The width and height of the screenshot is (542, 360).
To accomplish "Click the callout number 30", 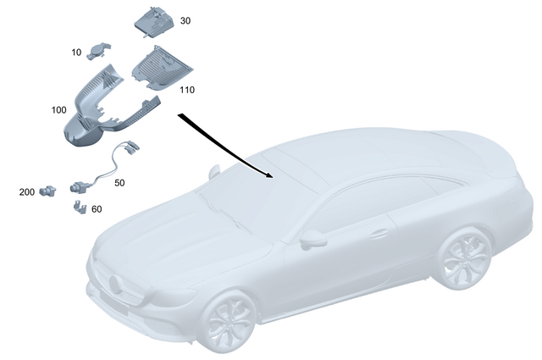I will pyautogui.click(x=185, y=20).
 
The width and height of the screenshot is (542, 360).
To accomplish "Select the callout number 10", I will pyautogui.click(x=76, y=53).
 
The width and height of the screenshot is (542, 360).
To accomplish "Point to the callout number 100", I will pyautogui.click(x=59, y=110).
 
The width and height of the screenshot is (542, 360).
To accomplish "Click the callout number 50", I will pyautogui.click(x=119, y=182).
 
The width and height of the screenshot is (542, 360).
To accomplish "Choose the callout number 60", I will pyautogui.click(x=96, y=208).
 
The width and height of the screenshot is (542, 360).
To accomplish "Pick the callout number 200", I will pyautogui.click(x=27, y=192).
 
